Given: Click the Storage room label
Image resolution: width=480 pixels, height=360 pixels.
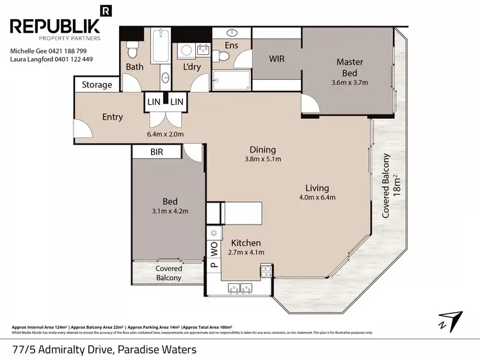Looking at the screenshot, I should [x=97, y=84].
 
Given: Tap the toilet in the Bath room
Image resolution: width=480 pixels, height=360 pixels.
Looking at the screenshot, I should [x=131, y=50].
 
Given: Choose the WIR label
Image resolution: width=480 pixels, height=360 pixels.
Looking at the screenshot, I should [x=276, y=59].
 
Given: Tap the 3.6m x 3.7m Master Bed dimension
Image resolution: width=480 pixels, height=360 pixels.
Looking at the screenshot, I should [x=349, y=82].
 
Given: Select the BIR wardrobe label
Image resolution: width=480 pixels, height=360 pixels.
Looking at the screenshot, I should [x=157, y=152].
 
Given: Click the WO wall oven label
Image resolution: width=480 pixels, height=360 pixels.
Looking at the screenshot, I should [x=214, y=246].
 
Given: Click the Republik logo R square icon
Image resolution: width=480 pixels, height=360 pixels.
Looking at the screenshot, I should [x=106, y=10].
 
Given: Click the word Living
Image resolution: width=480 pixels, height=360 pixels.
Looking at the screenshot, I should [x=317, y=188].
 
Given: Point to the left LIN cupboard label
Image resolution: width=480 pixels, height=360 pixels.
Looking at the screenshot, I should [x=153, y=102].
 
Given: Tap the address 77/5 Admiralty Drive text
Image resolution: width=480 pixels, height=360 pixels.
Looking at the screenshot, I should [x=104, y=350].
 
